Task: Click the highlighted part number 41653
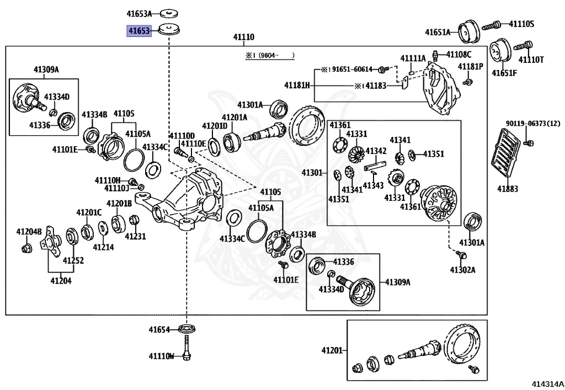[x=139, y=31]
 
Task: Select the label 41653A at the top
[x=139, y=14]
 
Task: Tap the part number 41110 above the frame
[x=243, y=37]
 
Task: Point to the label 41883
[x=508, y=189]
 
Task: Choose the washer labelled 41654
[x=188, y=329]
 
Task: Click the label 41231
[x=136, y=236]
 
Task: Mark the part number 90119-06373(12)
[x=533, y=124]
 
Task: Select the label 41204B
[x=29, y=231]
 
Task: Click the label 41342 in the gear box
[x=376, y=151]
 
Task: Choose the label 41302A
[x=462, y=270]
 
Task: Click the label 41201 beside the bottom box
[x=332, y=350]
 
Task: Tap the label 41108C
[x=459, y=55]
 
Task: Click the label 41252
[x=73, y=260]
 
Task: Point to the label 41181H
[x=297, y=86]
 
